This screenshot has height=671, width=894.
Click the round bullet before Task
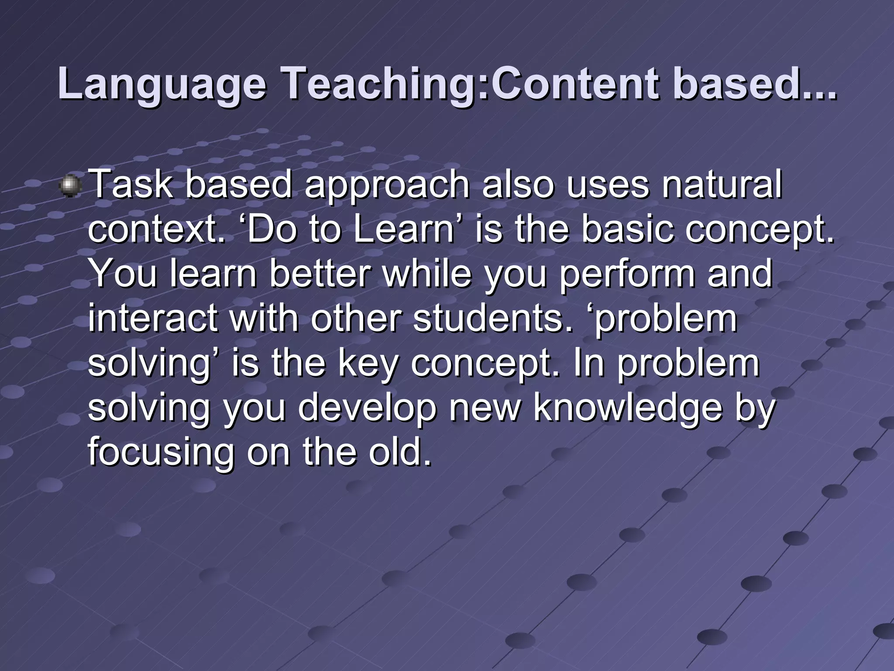pyautogui.click(x=70, y=187)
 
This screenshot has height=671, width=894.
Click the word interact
pyautogui.click(x=153, y=318)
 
